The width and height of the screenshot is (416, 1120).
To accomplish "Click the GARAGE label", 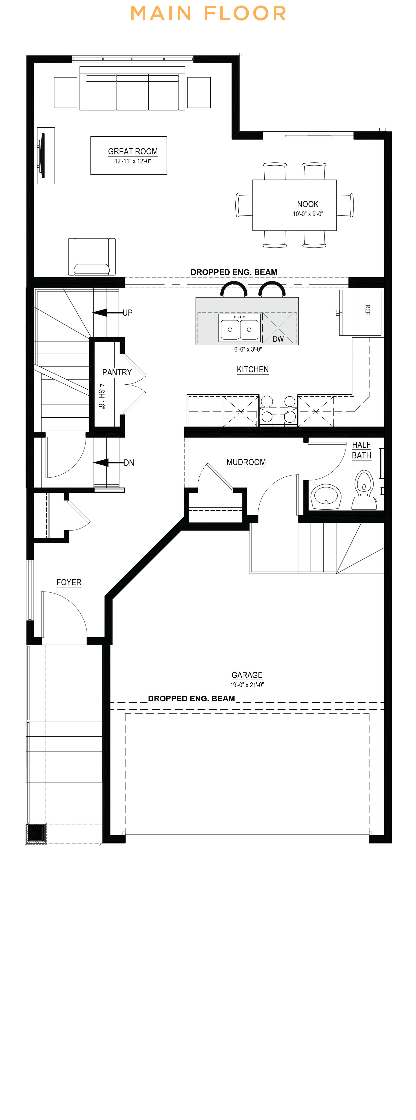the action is pyautogui.click(x=247, y=675).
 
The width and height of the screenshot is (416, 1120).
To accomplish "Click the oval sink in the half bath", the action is pyautogui.click(x=326, y=496).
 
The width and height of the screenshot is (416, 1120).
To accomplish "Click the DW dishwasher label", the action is pyautogui.click(x=278, y=339).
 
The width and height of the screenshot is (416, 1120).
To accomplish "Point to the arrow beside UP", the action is pyautogui.click(x=107, y=313).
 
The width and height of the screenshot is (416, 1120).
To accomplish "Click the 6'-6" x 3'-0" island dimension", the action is pyautogui.click(x=248, y=349).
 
